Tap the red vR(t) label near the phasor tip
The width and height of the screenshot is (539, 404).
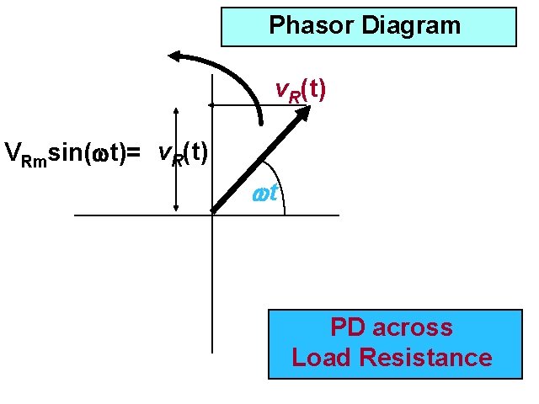coord(302,91)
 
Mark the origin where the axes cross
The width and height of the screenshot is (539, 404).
coord(212,215)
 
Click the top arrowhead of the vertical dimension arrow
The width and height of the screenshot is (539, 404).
coord(175,111)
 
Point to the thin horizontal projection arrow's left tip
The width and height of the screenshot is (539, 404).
coord(211,105)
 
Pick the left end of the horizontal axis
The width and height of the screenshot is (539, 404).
coord(76,215)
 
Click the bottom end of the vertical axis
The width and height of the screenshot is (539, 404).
coord(212,351)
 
